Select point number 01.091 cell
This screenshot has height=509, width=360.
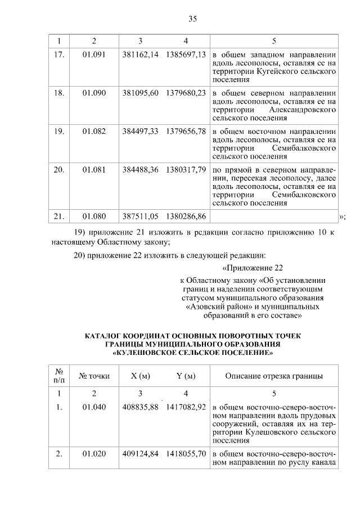(94, 56)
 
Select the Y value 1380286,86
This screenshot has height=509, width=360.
(186, 216)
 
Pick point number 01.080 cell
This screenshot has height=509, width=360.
(94, 216)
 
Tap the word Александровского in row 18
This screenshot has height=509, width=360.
(303, 109)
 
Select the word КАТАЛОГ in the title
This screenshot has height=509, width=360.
(104, 336)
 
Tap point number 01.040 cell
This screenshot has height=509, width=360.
(94, 407)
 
